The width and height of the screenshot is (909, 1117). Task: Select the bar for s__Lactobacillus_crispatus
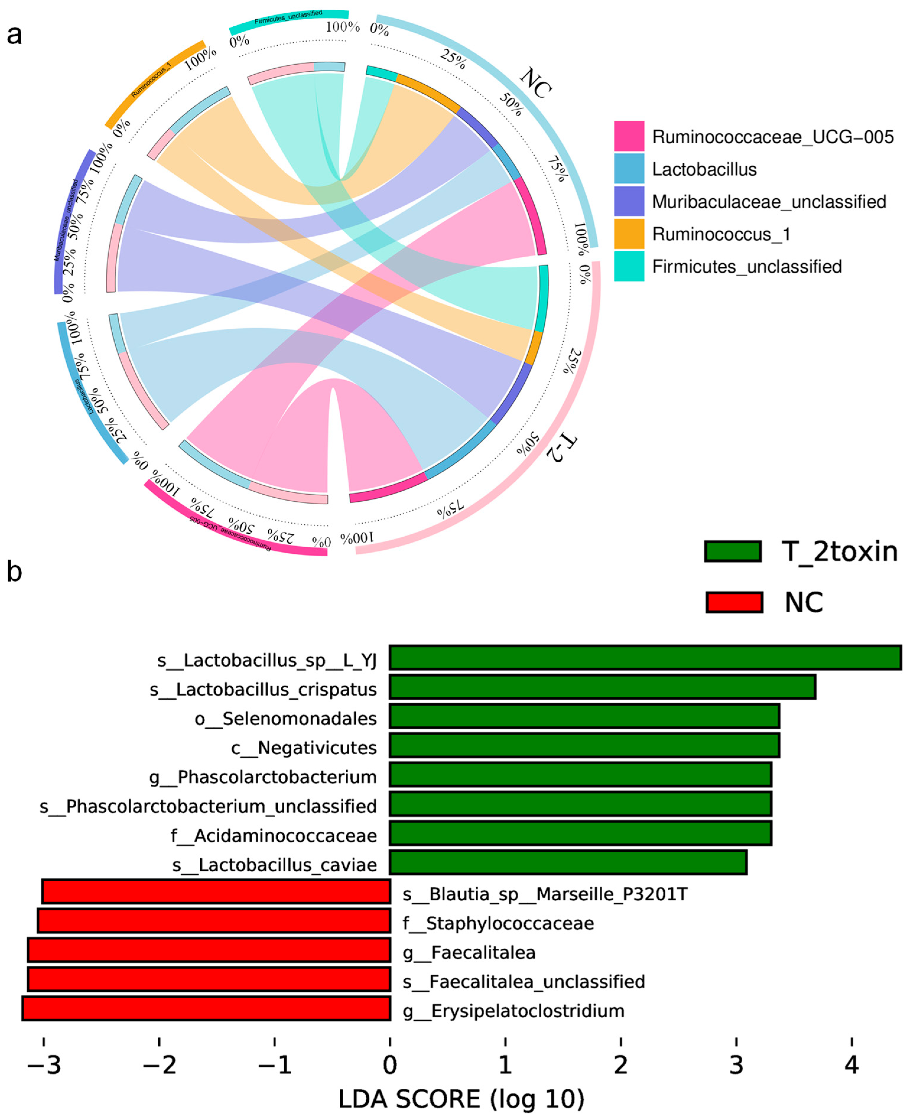pyautogui.click(x=602, y=687)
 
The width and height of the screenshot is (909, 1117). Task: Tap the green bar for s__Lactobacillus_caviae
pyautogui.click(x=568, y=862)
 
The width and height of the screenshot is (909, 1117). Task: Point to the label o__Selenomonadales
pyautogui.click(x=285, y=719)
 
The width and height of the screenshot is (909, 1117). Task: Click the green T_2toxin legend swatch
pyautogui.click(x=733, y=551)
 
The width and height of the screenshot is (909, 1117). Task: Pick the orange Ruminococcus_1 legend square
pyautogui.click(x=629, y=233)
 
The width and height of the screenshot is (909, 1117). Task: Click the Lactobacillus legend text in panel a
pyautogui.click(x=704, y=169)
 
